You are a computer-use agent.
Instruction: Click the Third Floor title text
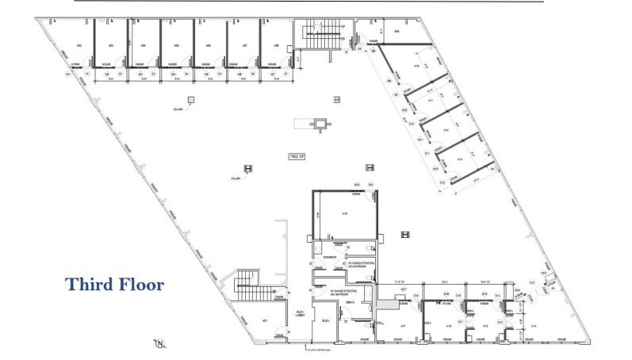click(x=114, y=284)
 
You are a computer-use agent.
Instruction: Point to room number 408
click(x=276, y=46)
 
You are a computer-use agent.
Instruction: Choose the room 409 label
click(x=396, y=31)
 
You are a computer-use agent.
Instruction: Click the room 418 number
click(x=346, y=214)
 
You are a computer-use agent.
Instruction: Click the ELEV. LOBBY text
click(x=301, y=313)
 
